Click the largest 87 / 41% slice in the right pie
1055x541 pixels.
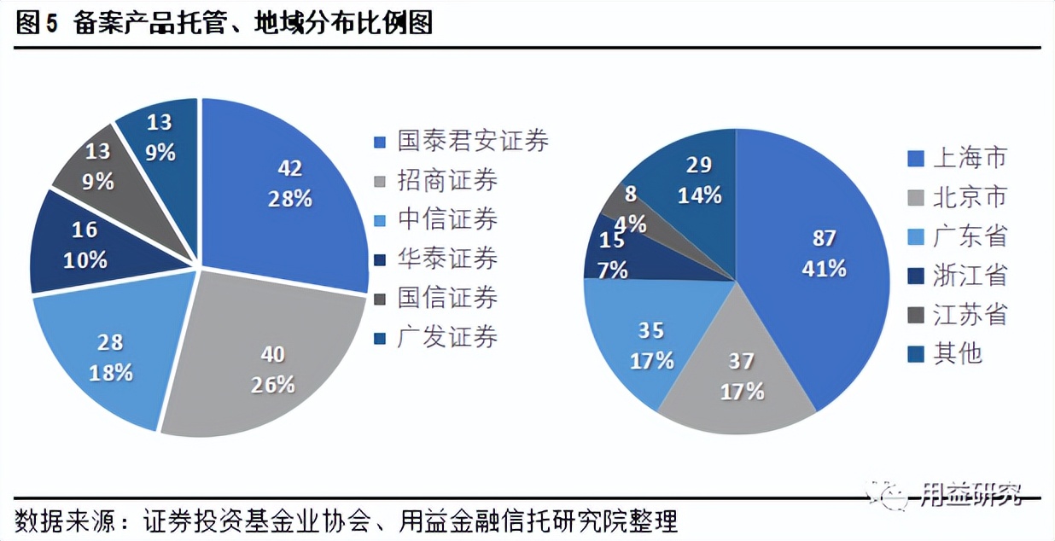click(x=819, y=256)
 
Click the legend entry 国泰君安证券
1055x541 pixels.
click(x=473, y=141)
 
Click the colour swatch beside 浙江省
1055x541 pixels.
click(x=914, y=276)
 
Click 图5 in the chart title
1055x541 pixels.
click(x=36, y=23)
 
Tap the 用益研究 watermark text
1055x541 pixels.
click(x=970, y=493)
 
